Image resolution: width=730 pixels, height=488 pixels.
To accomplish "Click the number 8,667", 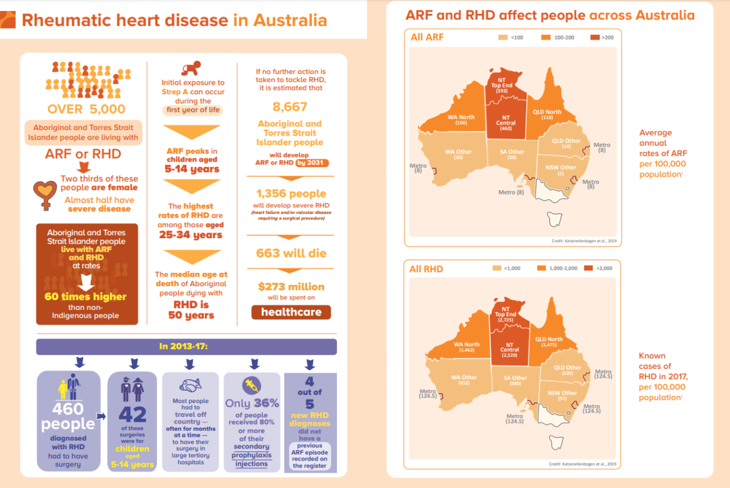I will [290, 107].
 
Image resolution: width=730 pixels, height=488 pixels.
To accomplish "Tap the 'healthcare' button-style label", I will [291, 312].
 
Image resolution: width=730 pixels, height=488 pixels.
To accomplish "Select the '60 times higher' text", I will [86, 297].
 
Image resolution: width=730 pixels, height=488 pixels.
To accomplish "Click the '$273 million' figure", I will [291, 286].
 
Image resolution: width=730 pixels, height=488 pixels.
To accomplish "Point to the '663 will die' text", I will [291, 253].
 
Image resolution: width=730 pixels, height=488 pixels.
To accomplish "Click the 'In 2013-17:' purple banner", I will [186, 346].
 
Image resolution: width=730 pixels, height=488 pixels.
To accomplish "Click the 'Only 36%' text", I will [252, 403].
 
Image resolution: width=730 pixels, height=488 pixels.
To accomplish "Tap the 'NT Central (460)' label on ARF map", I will [506, 122].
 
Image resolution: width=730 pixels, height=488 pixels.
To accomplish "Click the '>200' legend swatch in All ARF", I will [595, 38].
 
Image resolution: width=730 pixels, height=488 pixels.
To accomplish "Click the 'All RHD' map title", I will [426, 269].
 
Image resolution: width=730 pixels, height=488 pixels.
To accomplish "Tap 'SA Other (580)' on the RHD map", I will [510, 380].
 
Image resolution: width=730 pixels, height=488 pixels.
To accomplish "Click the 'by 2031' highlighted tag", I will [312, 163].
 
